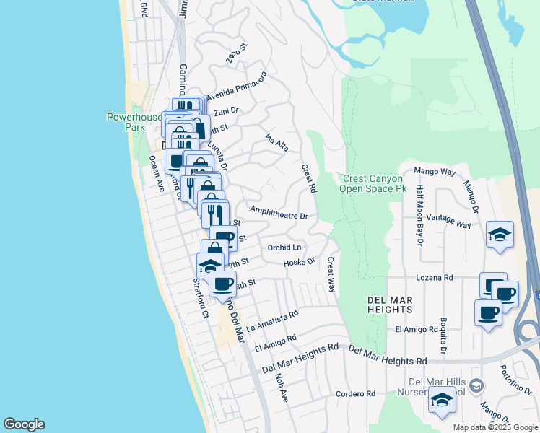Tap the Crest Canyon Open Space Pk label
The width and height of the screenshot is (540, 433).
[x=375, y=183]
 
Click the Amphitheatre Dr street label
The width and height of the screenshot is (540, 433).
[x=279, y=212]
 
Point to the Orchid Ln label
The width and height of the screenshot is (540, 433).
[x=283, y=248]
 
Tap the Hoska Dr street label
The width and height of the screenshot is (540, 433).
[x=300, y=263]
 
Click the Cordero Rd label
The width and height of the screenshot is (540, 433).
[x=355, y=394]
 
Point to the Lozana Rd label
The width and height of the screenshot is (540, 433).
[x=434, y=277]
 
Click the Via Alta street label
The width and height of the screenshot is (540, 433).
[x=277, y=142]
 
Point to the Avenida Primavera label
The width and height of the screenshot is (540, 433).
[x=237, y=85]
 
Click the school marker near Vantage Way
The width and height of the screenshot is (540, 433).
[x=499, y=235]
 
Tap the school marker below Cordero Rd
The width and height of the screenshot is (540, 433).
[x=441, y=401]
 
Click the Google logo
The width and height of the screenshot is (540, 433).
[x=24, y=424]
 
